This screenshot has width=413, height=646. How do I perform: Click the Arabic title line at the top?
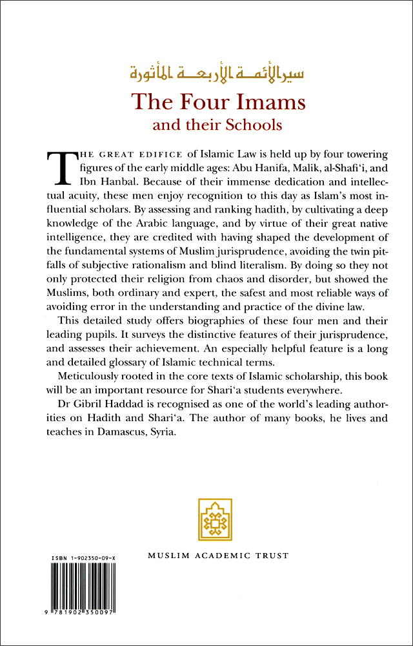(205, 71)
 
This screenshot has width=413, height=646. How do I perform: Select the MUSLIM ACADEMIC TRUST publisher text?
(217, 555)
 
